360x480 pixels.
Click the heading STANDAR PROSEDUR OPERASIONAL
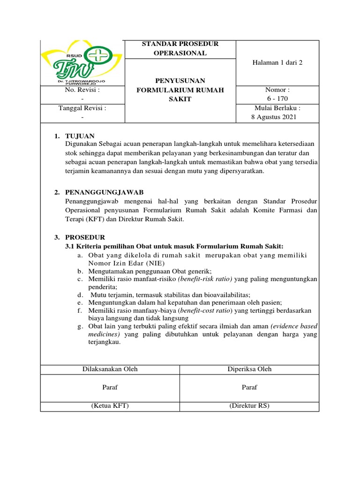click(180, 48)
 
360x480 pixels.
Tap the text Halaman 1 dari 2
click(277, 63)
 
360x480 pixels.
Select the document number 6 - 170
click(277, 98)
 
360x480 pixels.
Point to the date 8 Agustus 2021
click(274, 117)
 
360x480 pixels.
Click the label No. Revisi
click(82, 90)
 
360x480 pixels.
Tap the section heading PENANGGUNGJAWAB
click(105, 193)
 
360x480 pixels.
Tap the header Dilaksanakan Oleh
click(110, 369)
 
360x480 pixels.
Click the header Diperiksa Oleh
click(250, 369)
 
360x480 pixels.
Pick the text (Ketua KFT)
click(110, 405)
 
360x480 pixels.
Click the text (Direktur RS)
click(249, 405)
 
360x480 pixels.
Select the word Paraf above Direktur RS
click(249, 387)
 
